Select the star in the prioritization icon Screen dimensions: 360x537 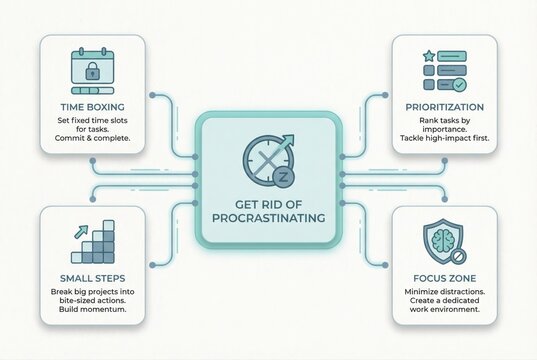pos(429,56)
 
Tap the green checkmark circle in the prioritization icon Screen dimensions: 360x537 pos(459,86)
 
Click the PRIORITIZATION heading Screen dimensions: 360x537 pos(445,107)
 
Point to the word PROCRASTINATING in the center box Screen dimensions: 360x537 pos(268,217)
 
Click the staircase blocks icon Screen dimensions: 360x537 pos(95,250)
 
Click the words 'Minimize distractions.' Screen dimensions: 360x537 pos(444,293)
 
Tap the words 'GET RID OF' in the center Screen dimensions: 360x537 pos(268,200)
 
